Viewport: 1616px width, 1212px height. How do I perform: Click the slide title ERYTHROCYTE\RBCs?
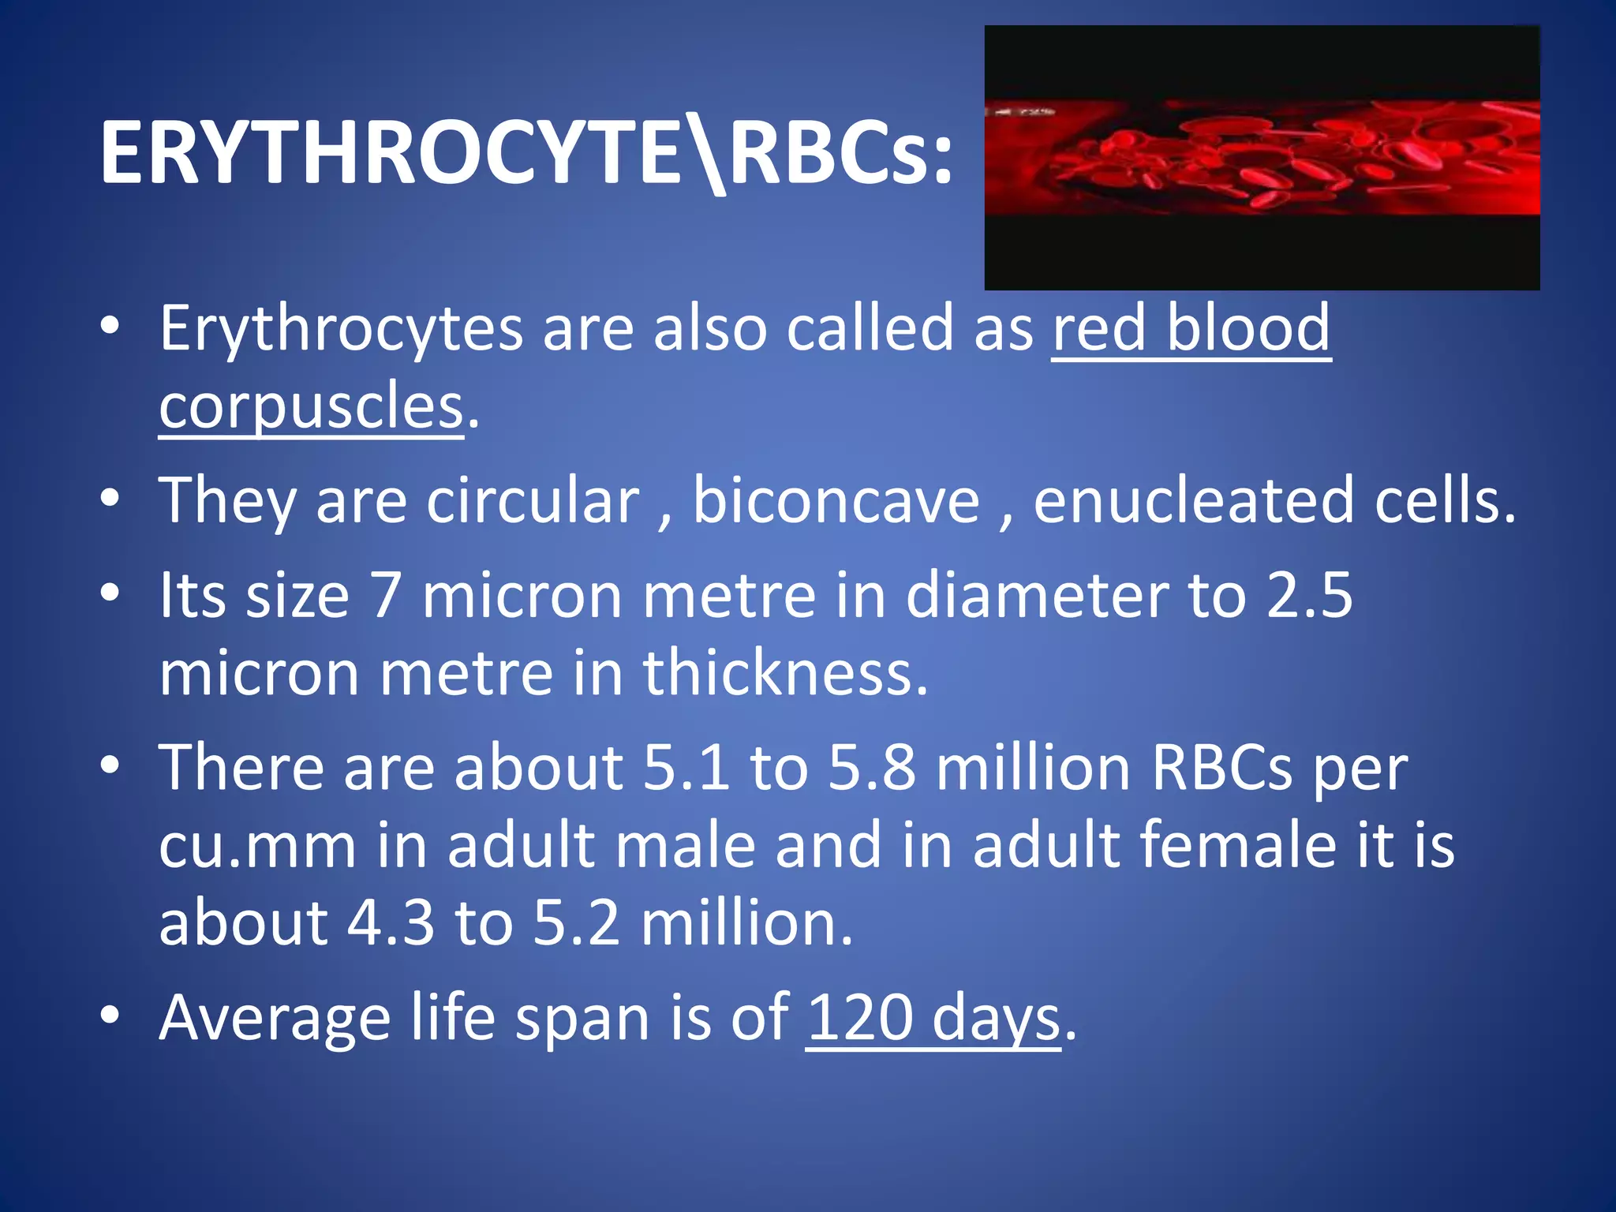pyautogui.click(x=526, y=153)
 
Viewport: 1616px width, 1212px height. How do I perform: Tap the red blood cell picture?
pyautogui.click(x=1261, y=158)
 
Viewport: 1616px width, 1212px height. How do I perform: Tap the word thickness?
pyautogui.click(x=785, y=672)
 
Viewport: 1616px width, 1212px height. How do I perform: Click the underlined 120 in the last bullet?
pyautogui.click(x=859, y=1018)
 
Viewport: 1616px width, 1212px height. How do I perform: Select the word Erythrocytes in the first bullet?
pyautogui.click(x=341, y=328)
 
